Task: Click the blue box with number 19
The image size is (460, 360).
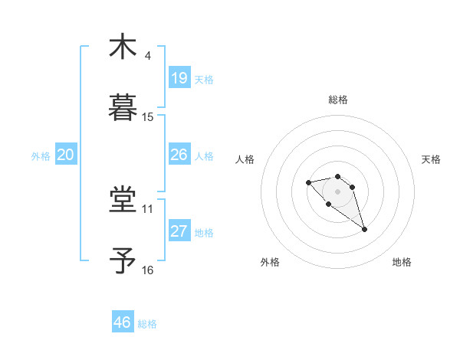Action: (179, 77)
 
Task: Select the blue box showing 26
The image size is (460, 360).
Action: (179, 155)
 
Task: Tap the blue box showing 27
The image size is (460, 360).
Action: (179, 231)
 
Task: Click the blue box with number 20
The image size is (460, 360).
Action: (65, 155)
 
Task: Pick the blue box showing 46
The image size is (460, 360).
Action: (123, 322)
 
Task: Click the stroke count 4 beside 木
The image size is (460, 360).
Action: (148, 56)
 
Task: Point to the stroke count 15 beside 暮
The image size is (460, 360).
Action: (148, 117)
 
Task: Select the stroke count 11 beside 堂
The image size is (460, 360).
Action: (148, 208)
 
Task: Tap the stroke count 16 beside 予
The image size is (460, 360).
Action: (148, 270)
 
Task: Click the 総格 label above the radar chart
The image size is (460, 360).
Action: (338, 100)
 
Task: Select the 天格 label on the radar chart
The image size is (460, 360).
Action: (431, 159)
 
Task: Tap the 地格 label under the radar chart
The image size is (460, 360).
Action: (402, 263)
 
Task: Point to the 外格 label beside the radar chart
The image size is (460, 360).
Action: (270, 263)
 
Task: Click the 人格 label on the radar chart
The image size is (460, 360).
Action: (245, 159)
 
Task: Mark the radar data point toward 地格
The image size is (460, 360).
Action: (364, 229)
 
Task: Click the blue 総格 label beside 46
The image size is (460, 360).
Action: (147, 324)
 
